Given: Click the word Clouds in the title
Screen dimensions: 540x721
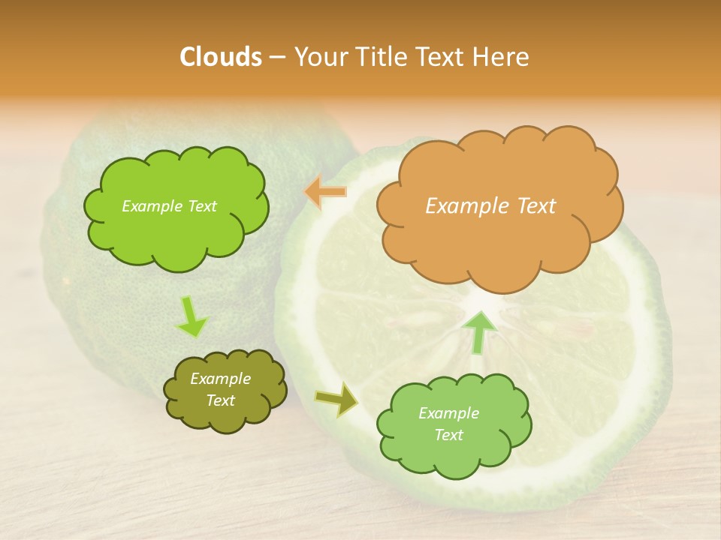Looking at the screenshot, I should click(x=221, y=57).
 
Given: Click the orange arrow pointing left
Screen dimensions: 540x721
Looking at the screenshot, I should click(x=326, y=192).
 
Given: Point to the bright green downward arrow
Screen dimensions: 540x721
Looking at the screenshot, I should click(x=192, y=317).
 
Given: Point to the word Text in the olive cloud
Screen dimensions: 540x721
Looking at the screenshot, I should click(x=221, y=400).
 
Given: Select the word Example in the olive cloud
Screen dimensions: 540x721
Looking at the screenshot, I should click(x=221, y=379).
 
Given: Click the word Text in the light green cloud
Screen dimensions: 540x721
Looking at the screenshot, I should click(x=449, y=435).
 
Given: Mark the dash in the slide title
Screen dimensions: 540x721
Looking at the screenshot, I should click(x=277, y=57).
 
